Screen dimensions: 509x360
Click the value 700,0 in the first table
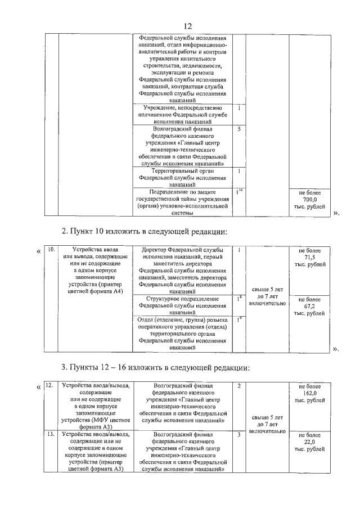[310, 200]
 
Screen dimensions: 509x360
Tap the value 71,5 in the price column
[310, 257]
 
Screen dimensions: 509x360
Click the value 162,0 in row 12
[310, 393]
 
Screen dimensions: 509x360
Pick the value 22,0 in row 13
[310, 442]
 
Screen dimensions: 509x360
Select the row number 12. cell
[49, 386]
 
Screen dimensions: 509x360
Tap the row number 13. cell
[49, 435]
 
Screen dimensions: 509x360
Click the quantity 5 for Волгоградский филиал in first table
[239, 129]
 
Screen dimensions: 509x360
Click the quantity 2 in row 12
[239, 386]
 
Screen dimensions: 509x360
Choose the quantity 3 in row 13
[239, 435]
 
